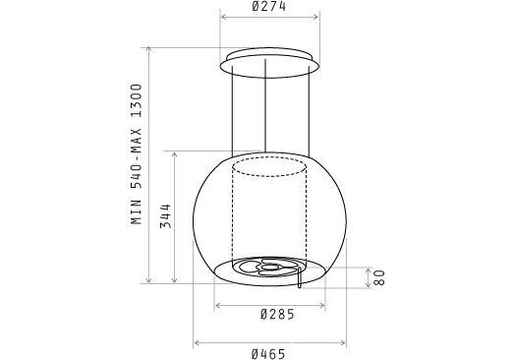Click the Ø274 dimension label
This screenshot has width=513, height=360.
[x=269, y=6]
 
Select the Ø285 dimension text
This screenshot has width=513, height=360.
[x=277, y=315]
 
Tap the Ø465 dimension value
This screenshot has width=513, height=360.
[x=268, y=354]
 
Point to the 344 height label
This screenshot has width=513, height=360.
[x=166, y=216]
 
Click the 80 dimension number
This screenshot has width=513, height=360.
[x=379, y=277]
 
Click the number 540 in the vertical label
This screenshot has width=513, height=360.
[x=137, y=176]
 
